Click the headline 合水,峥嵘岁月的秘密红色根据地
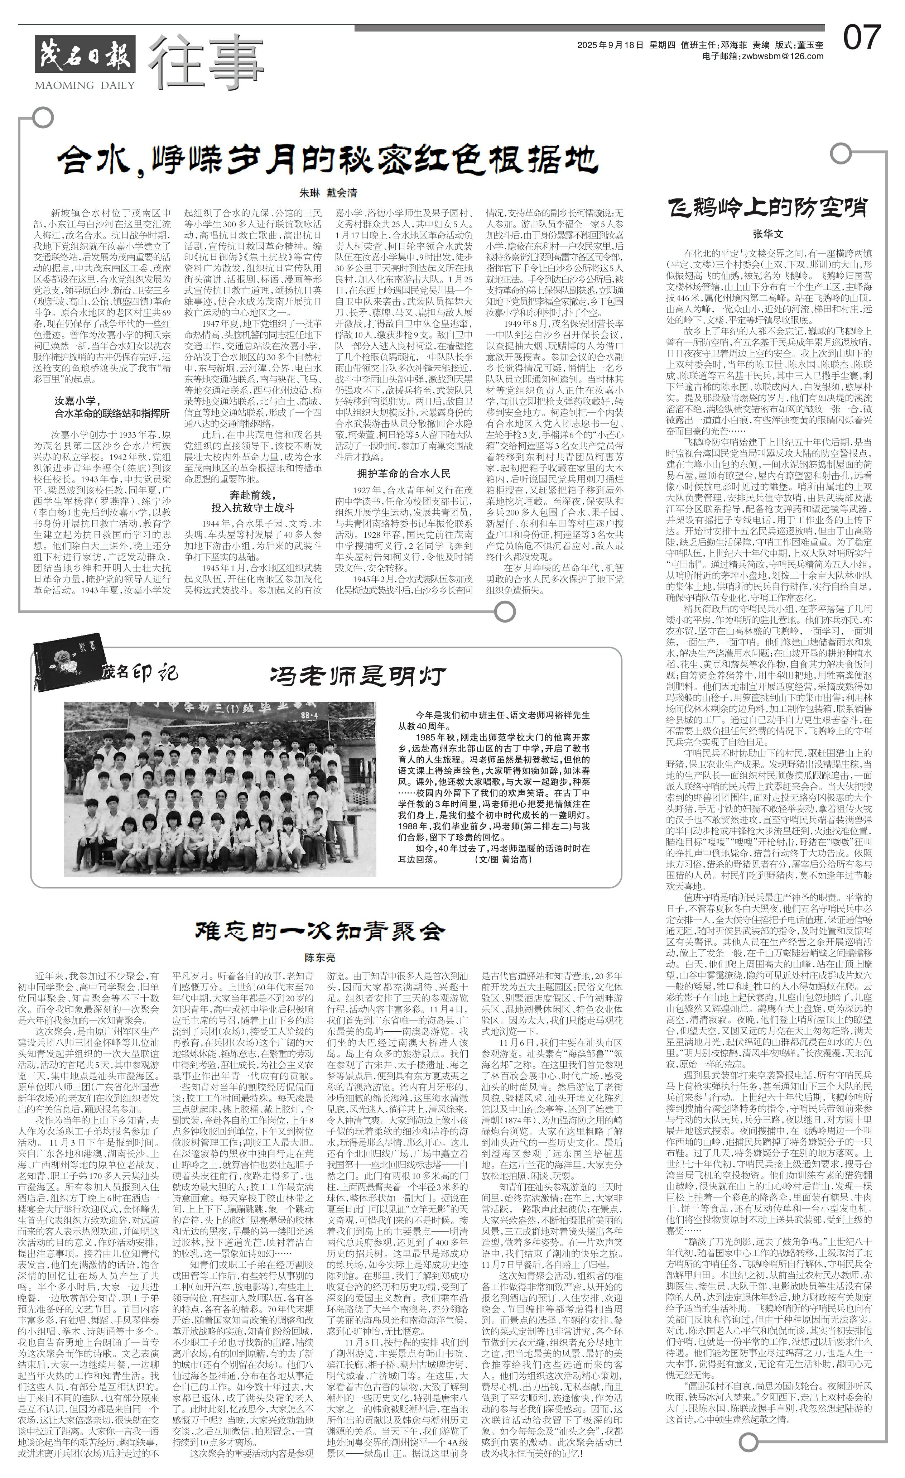pyautogui.click(x=327, y=159)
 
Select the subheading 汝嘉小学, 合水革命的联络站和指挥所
pyautogui.click(x=113, y=407)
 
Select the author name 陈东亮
pyautogui.click(x=320, y=958)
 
